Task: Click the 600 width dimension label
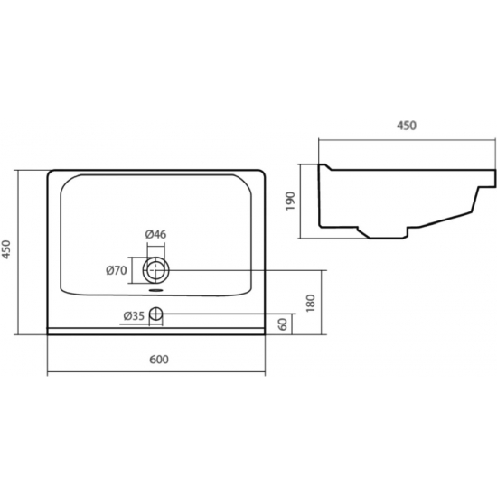point(159,360)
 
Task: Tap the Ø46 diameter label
point(155,234)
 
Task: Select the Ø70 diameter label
point(117,270)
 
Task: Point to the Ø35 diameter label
point(134,315)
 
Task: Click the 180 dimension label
point(311,303)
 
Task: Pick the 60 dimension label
point(283,324)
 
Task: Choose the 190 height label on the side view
point(290,201)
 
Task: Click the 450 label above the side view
point(407,126)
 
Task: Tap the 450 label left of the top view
point(6,249)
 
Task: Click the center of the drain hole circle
point(155,270)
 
